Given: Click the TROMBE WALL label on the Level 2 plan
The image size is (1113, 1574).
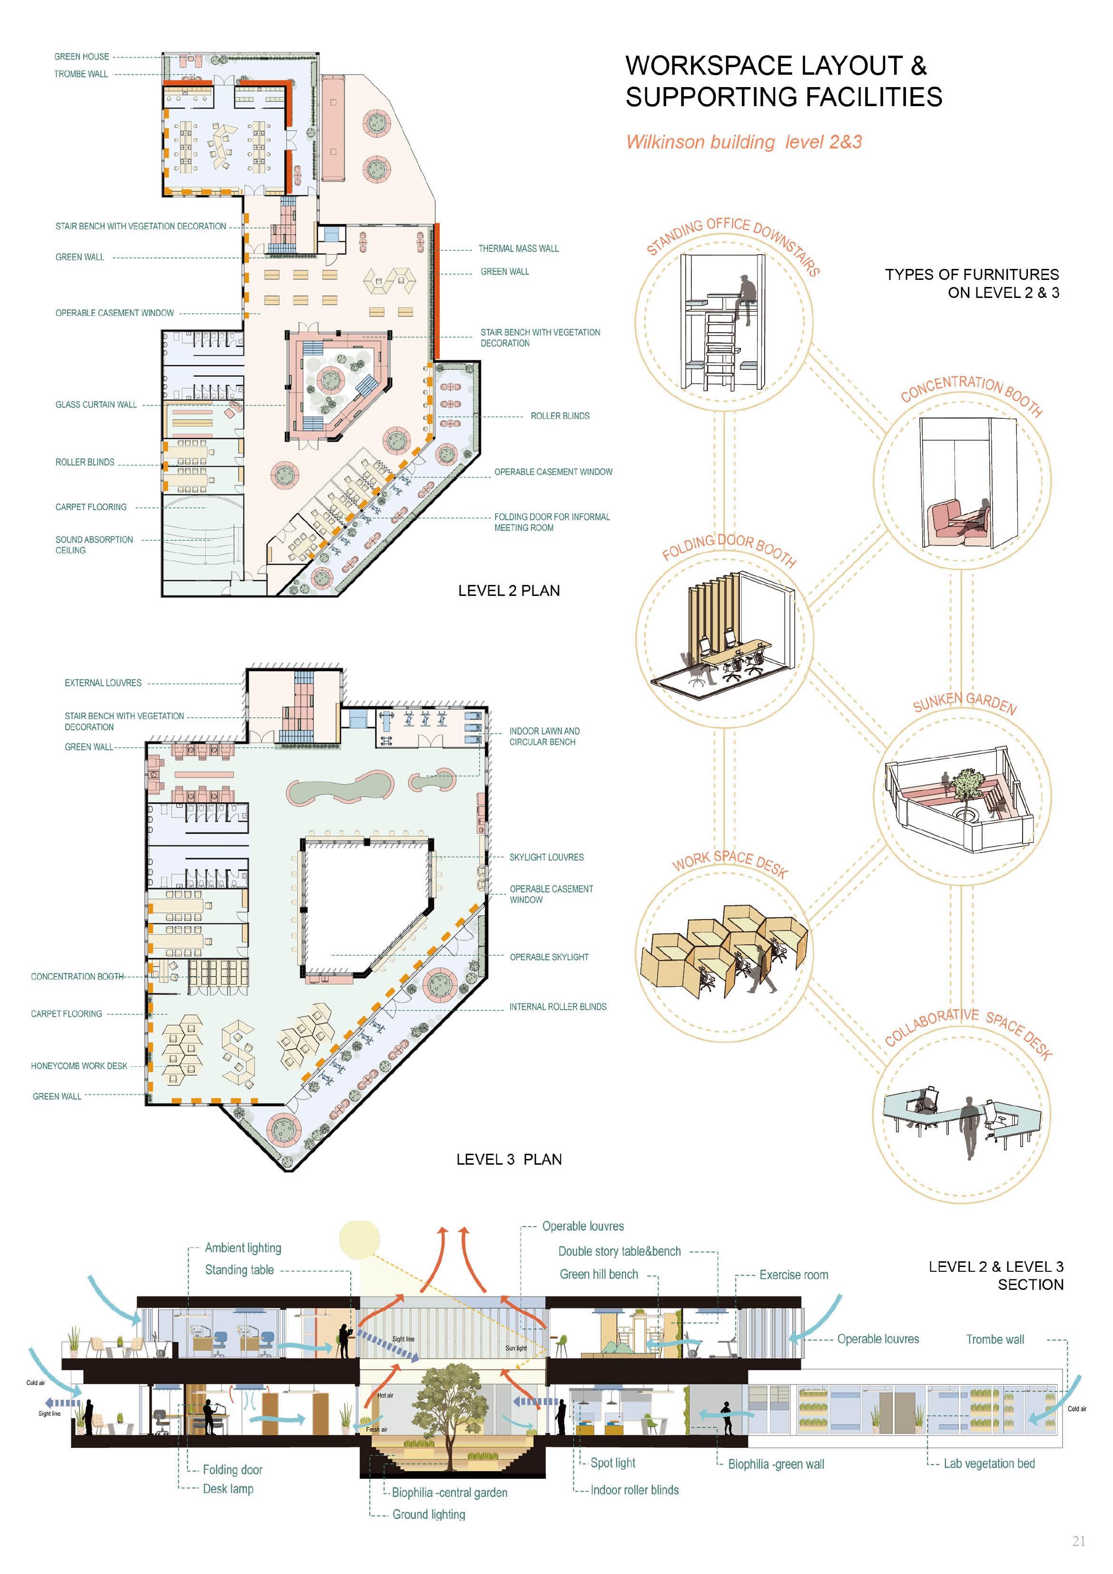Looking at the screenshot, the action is (81, 74).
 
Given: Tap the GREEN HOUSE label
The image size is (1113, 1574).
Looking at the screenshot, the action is (81, 57).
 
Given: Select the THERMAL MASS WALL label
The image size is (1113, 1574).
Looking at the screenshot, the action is (518, 249).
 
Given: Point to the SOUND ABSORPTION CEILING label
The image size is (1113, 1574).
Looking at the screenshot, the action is (94, 545).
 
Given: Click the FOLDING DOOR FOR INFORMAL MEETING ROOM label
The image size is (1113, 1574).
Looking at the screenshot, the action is (552, 523).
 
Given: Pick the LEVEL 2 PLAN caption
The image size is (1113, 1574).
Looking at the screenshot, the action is (509, 591).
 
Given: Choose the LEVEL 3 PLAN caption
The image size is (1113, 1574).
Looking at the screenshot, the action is (509, 1159).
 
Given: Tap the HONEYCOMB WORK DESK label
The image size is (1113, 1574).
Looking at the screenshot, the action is (79, 1066).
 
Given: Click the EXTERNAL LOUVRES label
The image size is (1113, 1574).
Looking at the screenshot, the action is (103, 683).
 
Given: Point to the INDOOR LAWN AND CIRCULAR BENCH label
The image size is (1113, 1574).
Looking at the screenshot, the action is (544, 736).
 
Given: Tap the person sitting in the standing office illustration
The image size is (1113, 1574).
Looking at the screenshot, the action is (746, 296).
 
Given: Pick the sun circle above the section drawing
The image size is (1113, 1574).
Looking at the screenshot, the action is (359, 1239).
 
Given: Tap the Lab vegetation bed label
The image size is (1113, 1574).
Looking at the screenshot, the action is (988, 1464).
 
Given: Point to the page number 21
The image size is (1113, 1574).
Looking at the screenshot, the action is (1078, 1542).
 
